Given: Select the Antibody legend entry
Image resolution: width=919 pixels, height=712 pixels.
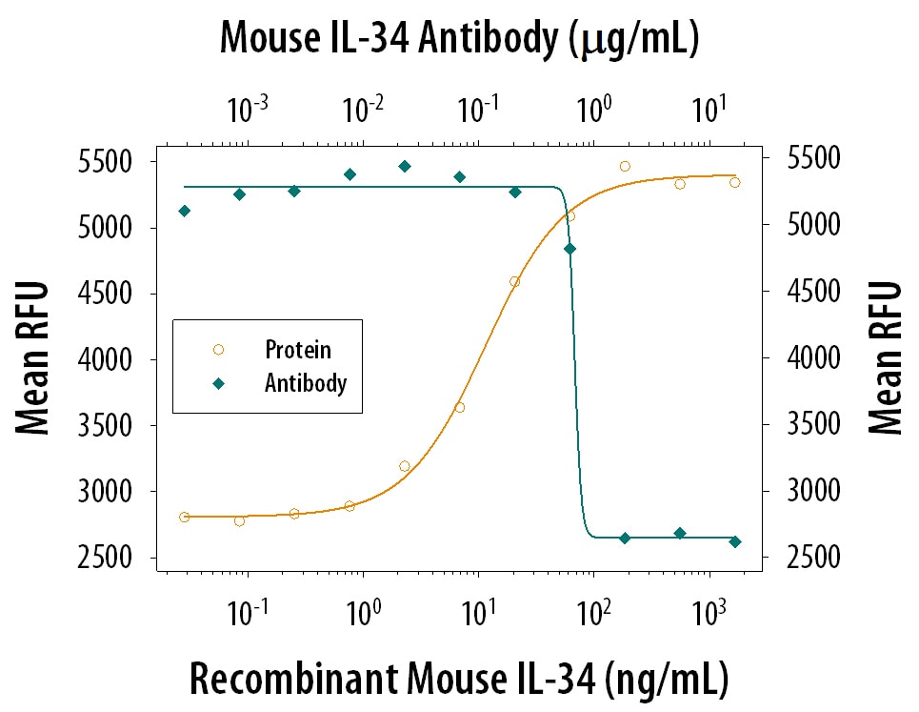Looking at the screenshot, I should click(x=305, y=383).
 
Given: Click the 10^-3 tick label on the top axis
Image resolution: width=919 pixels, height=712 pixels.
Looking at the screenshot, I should click(x=248, y=112).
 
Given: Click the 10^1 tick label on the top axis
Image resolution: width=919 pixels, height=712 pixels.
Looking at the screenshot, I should click(x=706, y=112).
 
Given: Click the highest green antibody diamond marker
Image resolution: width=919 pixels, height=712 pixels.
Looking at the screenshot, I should click(x=405, y=166).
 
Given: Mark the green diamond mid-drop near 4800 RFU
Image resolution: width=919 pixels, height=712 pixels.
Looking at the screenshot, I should click(x=570, y=249).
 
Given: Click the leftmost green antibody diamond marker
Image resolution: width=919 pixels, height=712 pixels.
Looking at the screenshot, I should click(x=184, y=211).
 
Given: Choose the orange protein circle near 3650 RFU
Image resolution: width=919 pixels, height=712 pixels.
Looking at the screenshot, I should click(x=460, y=408).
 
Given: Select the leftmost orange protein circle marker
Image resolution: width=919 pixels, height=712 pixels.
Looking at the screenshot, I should click(x=184, y=517).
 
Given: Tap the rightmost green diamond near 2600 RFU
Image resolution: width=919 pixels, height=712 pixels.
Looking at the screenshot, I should click(x=735, y=541).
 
